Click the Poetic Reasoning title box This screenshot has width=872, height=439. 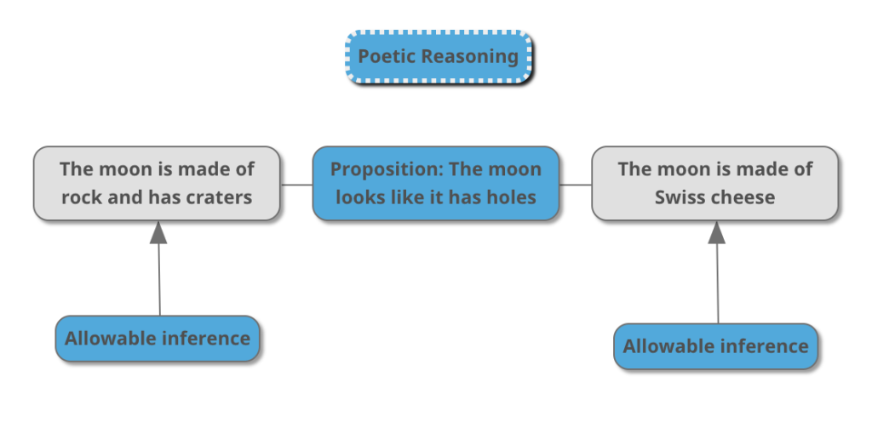439,57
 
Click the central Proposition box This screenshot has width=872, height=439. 435,183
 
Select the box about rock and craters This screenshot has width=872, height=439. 157,183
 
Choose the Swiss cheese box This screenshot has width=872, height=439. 714,183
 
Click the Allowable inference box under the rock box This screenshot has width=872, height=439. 158,339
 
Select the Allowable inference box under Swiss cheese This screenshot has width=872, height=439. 715,346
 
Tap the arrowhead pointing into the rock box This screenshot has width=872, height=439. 158,232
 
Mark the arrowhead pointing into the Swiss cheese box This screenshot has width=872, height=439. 717,232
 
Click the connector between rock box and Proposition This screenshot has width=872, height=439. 296,184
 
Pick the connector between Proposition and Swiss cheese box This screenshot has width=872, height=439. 576,184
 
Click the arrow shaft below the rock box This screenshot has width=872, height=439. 159,281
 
